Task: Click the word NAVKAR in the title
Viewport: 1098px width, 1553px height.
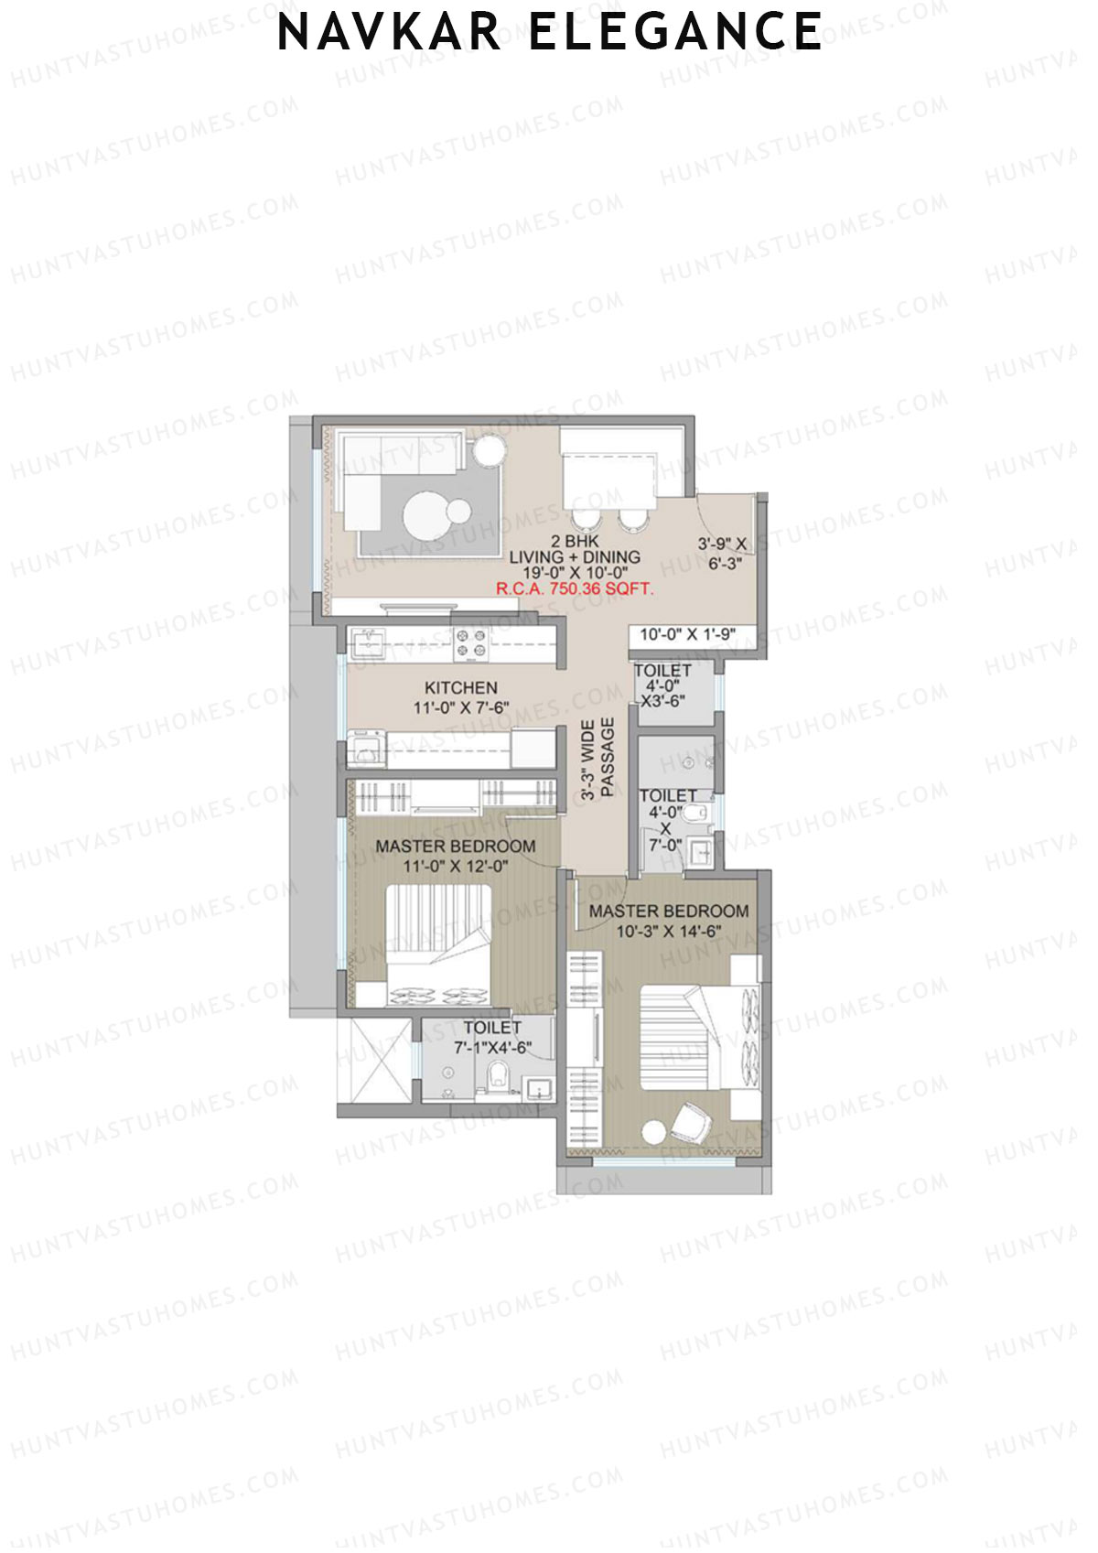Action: click(390, 32)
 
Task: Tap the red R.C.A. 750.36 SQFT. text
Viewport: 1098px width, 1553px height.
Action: click(575, 589)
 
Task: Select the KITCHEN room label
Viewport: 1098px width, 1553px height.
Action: click(461, 687)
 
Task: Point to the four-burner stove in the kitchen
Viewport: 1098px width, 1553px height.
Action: click(471, 643)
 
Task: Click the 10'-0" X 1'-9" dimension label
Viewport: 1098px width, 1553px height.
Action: click(687, 634)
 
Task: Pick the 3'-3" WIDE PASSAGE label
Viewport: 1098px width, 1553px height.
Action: click(597, 759)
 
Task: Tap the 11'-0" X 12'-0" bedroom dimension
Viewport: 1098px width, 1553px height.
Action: click(456, 867)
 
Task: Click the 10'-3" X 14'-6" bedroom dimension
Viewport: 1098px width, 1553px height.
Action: click(669, 932)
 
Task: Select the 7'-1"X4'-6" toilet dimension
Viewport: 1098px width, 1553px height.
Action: click(493, 1048)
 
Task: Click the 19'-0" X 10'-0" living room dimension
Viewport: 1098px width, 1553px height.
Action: click(575, 573)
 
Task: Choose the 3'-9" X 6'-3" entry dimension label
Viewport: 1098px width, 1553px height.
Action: click(723, 554)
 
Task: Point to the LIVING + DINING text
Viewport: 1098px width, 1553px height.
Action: click(575, 557)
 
